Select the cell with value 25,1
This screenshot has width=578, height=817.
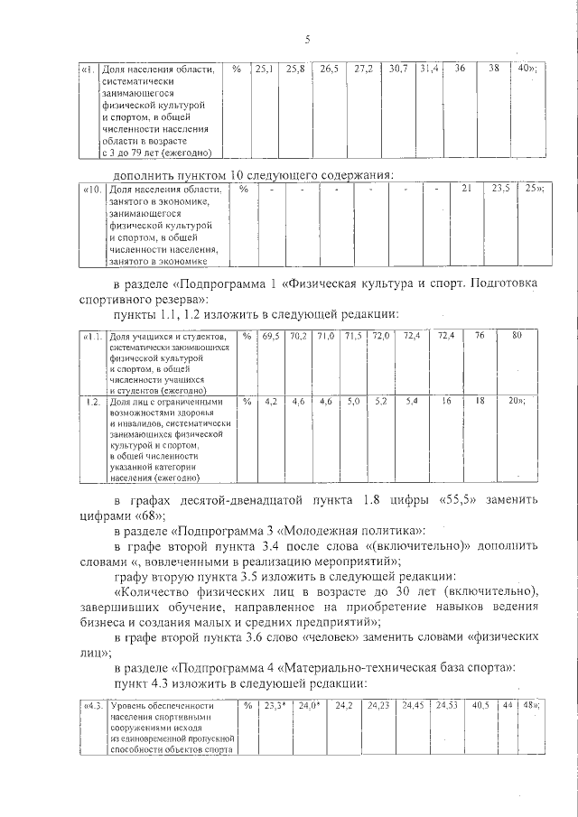tap(266, 69)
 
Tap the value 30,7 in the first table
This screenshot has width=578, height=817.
tap(398, 69)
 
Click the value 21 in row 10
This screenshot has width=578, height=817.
tap(467, 189)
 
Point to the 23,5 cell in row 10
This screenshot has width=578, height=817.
tap(500, 189)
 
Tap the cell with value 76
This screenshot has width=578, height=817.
tap(480, 337)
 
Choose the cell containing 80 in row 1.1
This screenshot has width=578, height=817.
tap(517, 337)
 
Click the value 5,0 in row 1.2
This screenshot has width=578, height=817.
tap(353, 400)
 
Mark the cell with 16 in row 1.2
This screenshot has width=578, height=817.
tap(446, 400)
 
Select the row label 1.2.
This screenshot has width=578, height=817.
tap(91, 401)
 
